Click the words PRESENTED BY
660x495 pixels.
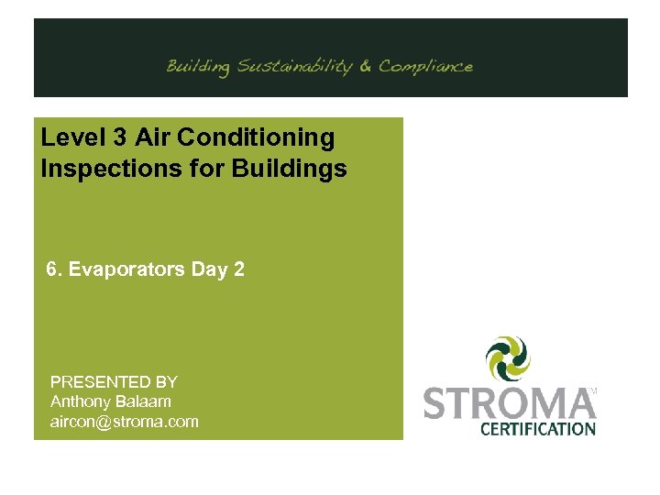pyautogui.click(x=114, y=381)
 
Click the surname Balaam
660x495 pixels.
pyautogui.click(x=145, y=401)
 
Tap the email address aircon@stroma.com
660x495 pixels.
pyautogui.click(x=124, y=422)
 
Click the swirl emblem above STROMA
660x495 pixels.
pyautogui.click(x=509, y=358)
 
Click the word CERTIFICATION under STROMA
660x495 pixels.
pyautogui.click(x=538, y=428)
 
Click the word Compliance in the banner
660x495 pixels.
pyautogui.click(x=426, y=66)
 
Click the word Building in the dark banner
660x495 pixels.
pyautogui.click(x=198, y=67)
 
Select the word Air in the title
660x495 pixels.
pyautogui.click(x=152, y=138)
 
